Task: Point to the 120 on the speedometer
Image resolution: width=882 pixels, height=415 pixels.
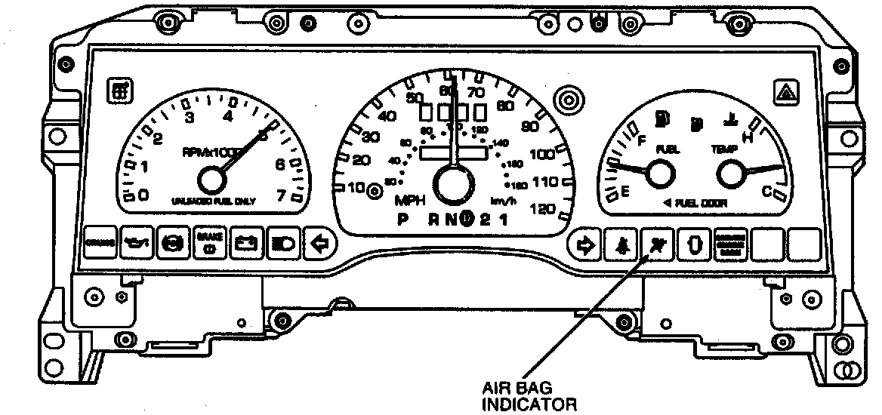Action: point(543,209)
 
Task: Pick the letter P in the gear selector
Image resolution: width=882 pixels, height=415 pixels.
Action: point(402,220)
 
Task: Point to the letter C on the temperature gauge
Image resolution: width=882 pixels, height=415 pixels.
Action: point(766,192)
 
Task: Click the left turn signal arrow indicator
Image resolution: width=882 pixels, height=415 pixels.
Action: point(319,243)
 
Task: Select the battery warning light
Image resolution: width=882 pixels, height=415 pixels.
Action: point(245,243)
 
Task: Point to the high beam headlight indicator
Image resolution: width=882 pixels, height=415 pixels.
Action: point(283,243)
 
